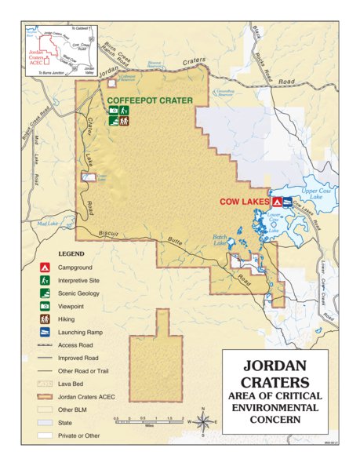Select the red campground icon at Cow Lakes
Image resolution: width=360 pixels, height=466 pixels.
(x=277, y=202)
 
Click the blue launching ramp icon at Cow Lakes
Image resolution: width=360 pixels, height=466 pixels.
(x=289, y=202)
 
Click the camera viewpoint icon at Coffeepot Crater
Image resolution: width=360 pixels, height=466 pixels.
(x=114, y=111)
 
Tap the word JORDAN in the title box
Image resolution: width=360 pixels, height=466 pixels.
(x=272, y=366)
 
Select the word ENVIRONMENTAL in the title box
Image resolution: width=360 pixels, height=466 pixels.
(x=272, y=409)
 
